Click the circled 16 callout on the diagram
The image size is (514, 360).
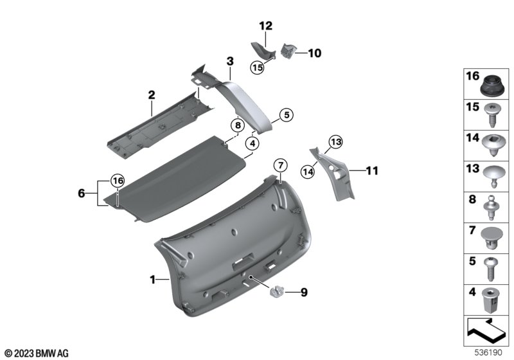click(x=116, y=181)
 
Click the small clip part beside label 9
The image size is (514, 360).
click(x=278, y=292)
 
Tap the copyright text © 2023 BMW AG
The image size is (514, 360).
click(x=36, y=353)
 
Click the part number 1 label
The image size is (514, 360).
click(x=152, y=280)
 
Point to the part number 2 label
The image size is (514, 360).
click(x=152, y=95)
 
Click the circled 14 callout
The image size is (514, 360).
click(x=308, y=170)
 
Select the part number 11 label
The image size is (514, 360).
click(x=372, y=171)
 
